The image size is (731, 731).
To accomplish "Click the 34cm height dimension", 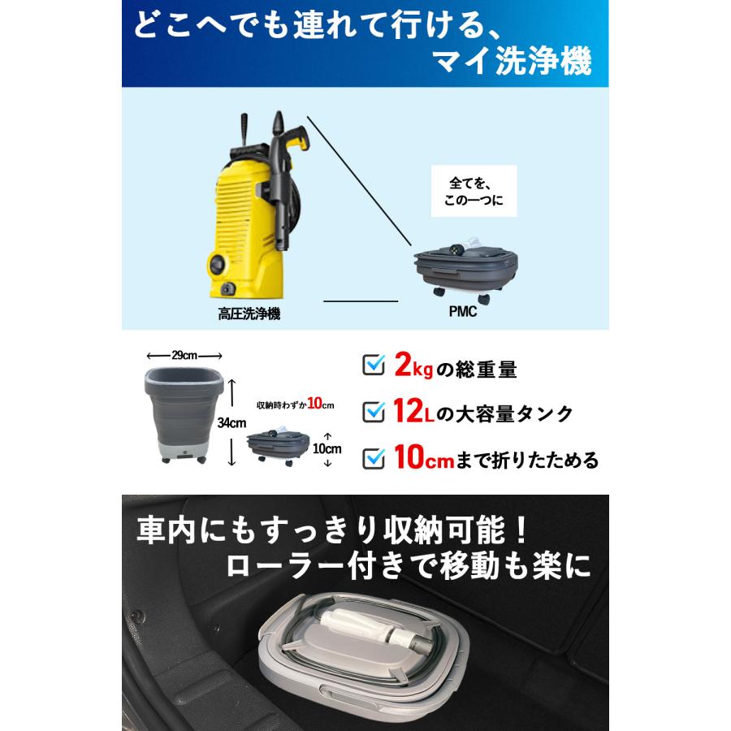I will point(231,422).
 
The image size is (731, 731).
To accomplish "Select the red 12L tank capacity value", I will point(413,413).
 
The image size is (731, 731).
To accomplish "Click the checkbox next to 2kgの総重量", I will point(373,367).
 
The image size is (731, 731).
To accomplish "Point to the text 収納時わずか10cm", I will point(296,404).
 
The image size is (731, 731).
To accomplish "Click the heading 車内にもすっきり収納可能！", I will point(333,532).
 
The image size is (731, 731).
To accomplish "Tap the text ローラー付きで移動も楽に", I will point(410,566).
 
